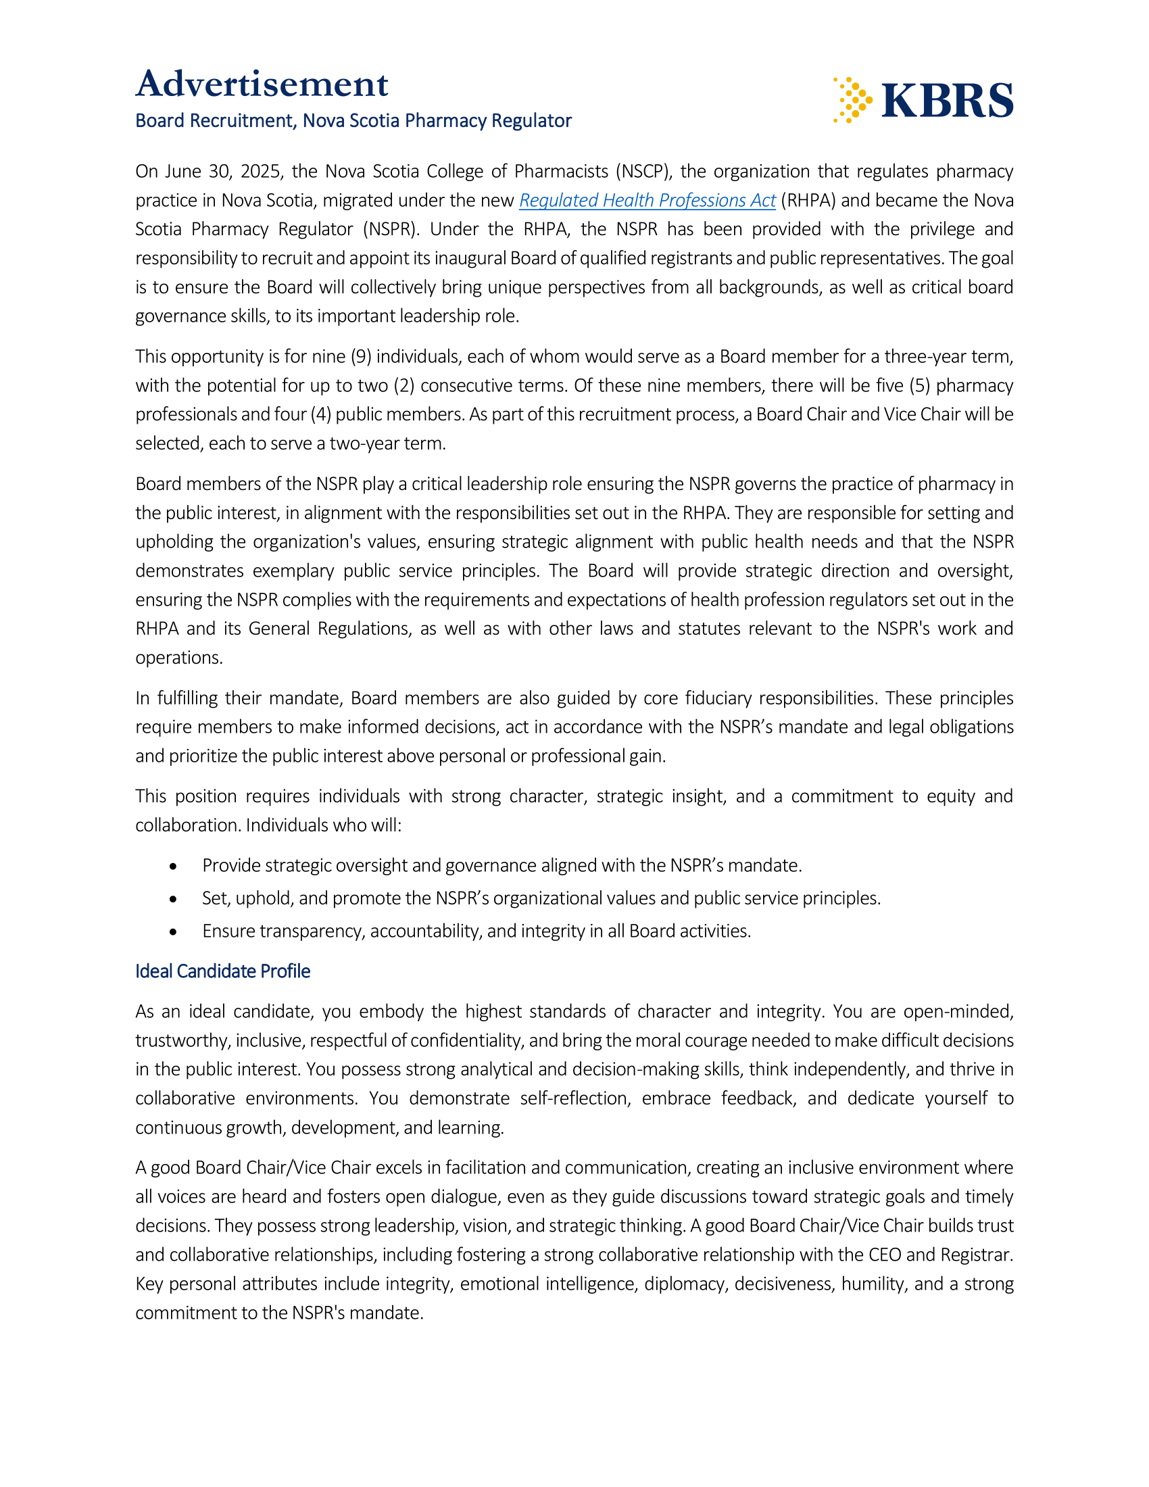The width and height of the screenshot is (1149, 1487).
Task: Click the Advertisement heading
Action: click(262, 84)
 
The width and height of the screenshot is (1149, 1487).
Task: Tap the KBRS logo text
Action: click(947, 101)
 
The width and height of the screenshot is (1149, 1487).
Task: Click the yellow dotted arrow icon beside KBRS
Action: click(852, 100)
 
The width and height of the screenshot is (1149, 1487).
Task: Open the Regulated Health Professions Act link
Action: click(647, 200)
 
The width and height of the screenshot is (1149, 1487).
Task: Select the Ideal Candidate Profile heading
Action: click(222, 971)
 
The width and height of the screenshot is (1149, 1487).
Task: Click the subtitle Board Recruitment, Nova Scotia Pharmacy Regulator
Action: click(353, 120)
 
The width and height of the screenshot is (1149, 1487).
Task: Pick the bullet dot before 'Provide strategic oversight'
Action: click(174, 866)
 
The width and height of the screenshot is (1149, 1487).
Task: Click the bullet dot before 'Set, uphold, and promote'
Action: click(174, 899)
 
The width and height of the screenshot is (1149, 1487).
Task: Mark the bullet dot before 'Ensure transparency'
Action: click(174, 931)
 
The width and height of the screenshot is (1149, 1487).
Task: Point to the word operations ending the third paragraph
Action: click(178, 658)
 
